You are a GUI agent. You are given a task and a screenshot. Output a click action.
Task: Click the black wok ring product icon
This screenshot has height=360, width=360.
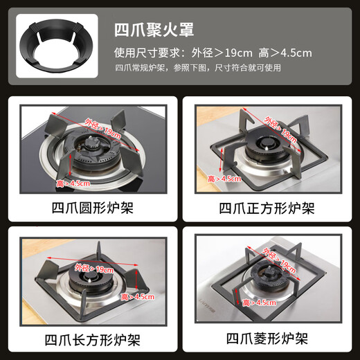[54, 50]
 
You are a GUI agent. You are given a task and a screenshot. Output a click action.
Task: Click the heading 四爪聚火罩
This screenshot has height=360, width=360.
[153, 30]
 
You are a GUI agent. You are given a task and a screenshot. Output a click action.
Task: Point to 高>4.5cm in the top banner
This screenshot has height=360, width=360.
[285, 53]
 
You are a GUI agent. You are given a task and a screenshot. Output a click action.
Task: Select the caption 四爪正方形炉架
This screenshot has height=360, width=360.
[267, 207]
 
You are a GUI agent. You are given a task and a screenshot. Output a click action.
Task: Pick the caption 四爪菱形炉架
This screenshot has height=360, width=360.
[267, 339]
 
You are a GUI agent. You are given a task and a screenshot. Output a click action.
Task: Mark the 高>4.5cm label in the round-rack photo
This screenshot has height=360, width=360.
[73, 183]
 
